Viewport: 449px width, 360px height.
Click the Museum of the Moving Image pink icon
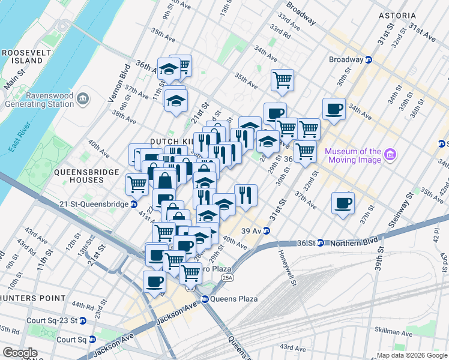click(x=391, y=155)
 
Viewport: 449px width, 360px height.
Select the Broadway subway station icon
click(x=370, y=59)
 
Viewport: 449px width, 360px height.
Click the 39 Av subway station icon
click(x=267, y=231)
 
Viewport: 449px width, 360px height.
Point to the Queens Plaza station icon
click(x=205, y=299)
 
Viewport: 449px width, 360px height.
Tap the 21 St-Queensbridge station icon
click(x=134, y=205)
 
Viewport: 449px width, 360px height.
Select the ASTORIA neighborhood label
click(x=396, y=15)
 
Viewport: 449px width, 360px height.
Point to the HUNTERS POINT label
click(x=32, y=298)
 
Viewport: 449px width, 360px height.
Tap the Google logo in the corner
click(x=20, y=352)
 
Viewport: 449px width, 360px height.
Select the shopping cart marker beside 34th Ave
click(x=282, y=80)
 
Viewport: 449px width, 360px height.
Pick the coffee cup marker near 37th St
click(x=343, y=203)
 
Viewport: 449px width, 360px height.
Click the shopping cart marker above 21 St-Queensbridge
click(x=137, y=185)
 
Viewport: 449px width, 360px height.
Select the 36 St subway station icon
click(x=321, y=243)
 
